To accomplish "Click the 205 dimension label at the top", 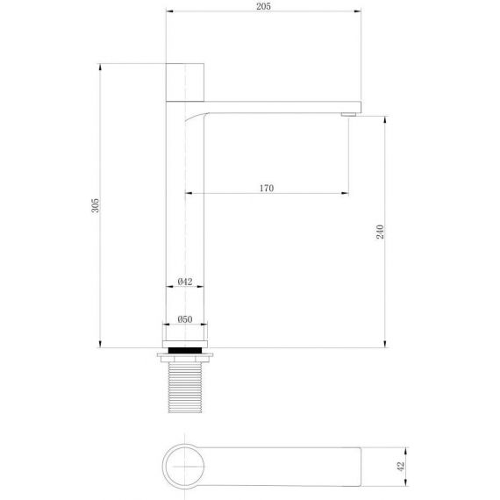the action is [x=263, y=6].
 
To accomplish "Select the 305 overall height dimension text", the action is [x=96, y=205].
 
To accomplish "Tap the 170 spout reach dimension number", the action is [x=267, y=188].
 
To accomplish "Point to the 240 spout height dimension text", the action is [x=380, y=232].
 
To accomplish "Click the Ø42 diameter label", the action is [x=185, y=282].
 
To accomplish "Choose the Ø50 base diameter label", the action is [x=185, y=319].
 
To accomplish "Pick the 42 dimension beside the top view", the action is [x=401, y=466].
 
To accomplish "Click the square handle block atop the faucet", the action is [x=185, y=82].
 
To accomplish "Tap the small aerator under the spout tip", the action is [x=348, y=115].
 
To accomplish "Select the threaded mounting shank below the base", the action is [x=185, y=388].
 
